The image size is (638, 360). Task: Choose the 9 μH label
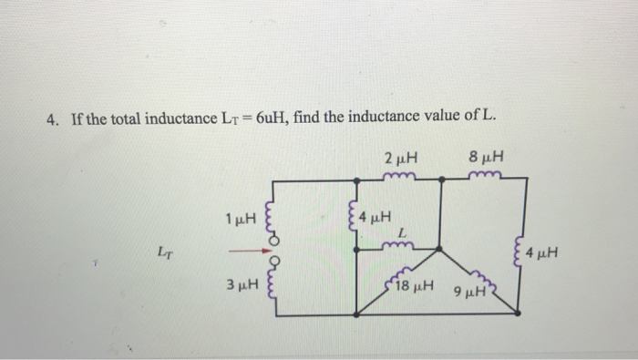468,294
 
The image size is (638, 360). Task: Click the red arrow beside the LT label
241,253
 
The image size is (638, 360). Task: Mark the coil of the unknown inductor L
400,244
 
